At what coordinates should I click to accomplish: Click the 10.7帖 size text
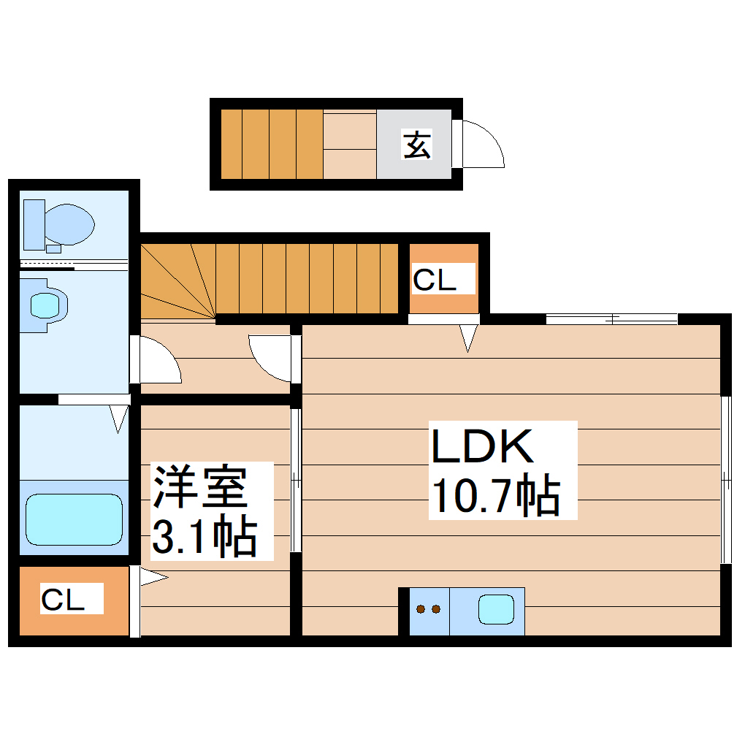pos(496,497)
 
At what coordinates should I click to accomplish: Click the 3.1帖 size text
pos(204,538)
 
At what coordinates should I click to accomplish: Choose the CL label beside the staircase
pos(435,280)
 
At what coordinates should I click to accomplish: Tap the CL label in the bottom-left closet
pos(62,600)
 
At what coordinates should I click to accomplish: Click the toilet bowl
pos(66,224)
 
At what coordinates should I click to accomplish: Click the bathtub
pos(74,519)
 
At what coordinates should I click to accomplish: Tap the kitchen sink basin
pos(497,609)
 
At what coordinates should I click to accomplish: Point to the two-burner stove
pos(428,609)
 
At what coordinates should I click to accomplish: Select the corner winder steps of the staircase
pos(175,281)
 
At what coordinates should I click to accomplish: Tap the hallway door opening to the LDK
pos(272,358)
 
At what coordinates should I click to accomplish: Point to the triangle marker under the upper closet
pos(468,337)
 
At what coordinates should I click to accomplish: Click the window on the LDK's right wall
pos(726,480)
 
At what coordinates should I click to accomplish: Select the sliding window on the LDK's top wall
pos(611,318)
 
